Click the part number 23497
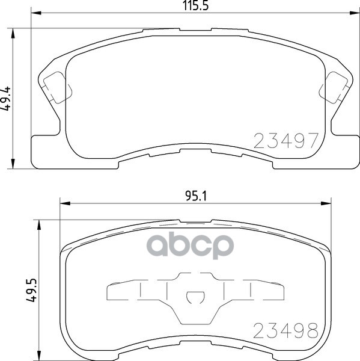click(x=285, y=141)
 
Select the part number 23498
click(x=285, y=330)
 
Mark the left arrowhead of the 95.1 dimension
click(x=63, y=203)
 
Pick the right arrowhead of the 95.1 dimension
click(x=325, y=203)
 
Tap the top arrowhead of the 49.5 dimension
click(x=40, y=224)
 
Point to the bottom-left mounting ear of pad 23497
click(x=45, y=147)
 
